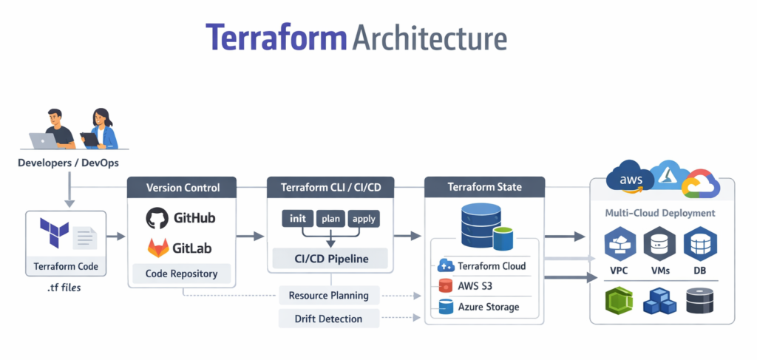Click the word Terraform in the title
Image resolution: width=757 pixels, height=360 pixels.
(275, 38)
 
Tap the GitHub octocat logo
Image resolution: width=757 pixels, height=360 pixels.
(157, 218)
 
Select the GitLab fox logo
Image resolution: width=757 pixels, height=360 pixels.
(158, 246)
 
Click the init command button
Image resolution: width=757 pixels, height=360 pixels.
(298, 218)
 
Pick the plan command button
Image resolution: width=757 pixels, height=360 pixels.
(330, 218)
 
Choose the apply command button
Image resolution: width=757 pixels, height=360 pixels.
(364, 218)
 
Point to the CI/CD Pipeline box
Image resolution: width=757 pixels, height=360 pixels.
(330, 259)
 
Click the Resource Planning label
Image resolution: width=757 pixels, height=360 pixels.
(330, 296)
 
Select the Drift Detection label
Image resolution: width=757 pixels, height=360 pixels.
(330, 319)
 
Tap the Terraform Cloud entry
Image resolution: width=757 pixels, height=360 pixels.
(483, 266)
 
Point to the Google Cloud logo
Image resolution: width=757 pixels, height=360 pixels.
(700, 186)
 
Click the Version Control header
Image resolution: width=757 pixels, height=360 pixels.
(183, 188)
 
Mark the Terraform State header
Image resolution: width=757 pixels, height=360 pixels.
(484, 187)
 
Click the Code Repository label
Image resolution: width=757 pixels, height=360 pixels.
(182, 274)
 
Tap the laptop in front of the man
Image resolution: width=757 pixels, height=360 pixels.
(44, 140)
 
